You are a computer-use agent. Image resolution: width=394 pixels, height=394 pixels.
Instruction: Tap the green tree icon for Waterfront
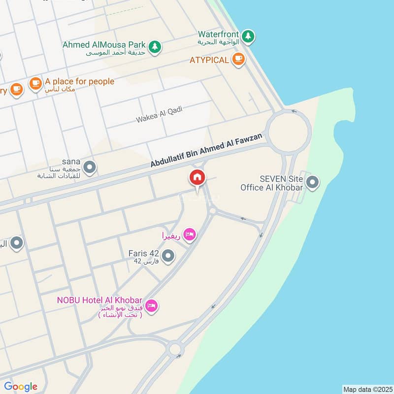(x=248, y=35)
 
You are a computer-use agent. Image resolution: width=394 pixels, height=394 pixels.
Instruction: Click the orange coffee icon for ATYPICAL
(x=238, y=60)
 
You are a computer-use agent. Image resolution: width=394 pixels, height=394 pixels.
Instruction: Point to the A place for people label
(x=79, y=82)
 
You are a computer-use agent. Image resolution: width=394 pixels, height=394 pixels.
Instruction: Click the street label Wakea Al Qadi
(x=159, y=114)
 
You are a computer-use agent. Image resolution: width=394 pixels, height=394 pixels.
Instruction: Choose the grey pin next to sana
(x=89, y=168)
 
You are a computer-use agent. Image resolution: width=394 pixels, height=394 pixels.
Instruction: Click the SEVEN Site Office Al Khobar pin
(x=312, y=183)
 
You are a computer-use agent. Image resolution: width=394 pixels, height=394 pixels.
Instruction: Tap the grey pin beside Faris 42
(x=168, y=256)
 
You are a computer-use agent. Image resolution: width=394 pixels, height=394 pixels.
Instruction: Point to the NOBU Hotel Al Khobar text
(x=100, y=300)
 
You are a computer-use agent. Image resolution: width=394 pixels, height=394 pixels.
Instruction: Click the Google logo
(x=21, y=387)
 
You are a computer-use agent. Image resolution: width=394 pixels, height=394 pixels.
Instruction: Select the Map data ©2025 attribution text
(x=367, y=389)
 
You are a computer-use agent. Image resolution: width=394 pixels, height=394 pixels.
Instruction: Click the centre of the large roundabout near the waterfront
(x=290, y=131)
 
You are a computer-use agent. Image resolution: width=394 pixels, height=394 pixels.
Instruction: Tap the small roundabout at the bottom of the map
(x=175, y=349)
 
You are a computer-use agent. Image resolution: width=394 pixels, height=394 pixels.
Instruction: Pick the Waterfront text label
(x=219, y=34)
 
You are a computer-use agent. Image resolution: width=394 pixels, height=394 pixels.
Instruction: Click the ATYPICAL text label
(x=209, y=60)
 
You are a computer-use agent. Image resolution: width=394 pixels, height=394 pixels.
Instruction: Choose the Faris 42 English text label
(x=144, y=253)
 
